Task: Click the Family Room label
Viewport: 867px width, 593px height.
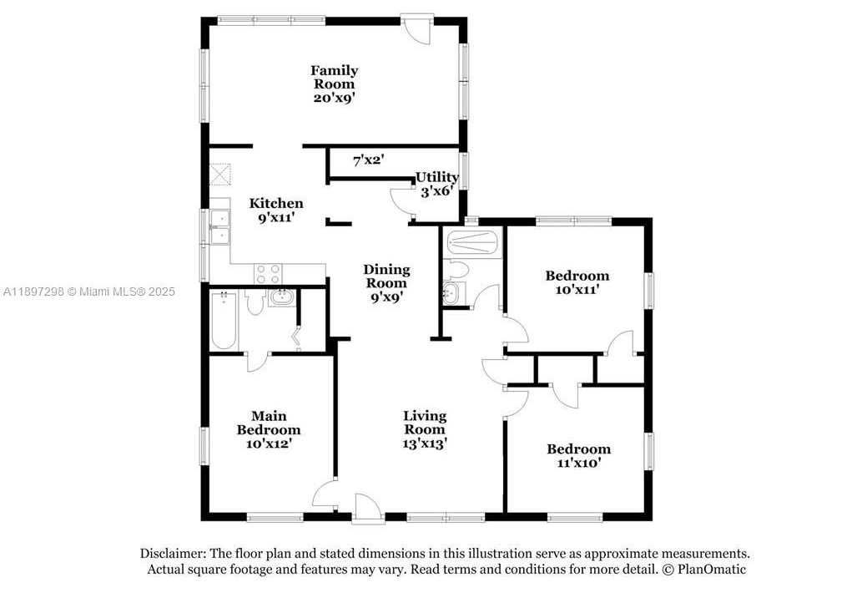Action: coord(334,78)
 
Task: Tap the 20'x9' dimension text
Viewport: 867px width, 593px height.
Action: coord(334,99)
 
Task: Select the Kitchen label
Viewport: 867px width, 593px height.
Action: coord(276,203)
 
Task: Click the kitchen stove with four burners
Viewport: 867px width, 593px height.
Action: coord(268,272)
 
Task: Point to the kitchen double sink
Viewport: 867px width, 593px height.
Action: coord(220,227)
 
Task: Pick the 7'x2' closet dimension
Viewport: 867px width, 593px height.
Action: coord(369,161)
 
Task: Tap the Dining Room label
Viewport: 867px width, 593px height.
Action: coord(386,276)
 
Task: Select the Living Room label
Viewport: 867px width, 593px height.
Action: coord(425,423)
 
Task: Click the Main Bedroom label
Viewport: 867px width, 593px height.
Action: coord(269,423)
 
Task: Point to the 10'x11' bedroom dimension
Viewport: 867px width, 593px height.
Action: coord(577,290)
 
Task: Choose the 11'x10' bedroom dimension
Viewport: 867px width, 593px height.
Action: coord(579,463)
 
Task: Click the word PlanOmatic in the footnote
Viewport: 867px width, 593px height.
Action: coord(712,569)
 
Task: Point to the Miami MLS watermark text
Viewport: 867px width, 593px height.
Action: coord(88,291)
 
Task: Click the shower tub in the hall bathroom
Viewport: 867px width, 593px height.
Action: coord(473,243)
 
